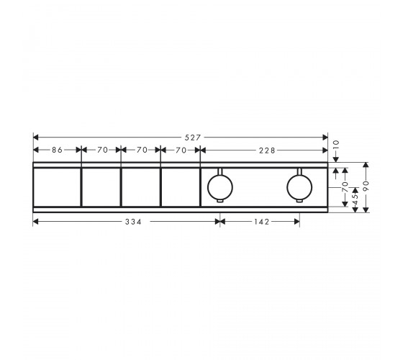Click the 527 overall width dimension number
(193, 138)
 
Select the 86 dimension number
(57, 150)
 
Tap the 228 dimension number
(267, 150)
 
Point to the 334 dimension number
(133, 222)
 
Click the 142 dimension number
(261, 222)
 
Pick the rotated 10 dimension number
(336, 145)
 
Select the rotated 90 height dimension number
(366, 186)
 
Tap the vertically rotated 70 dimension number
(345, 187)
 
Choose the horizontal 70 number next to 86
(102, 150)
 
